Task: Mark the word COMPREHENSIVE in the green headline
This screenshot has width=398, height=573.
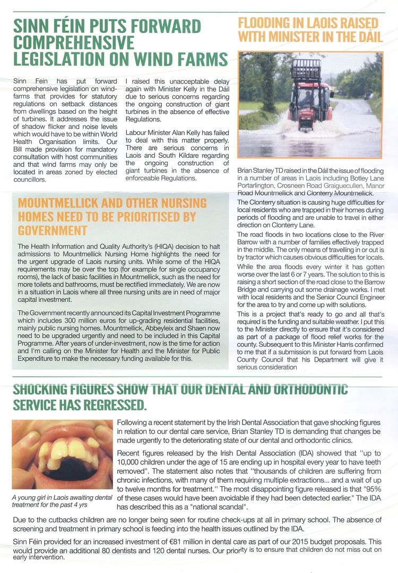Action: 74,42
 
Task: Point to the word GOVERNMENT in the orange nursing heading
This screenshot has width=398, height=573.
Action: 52,230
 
